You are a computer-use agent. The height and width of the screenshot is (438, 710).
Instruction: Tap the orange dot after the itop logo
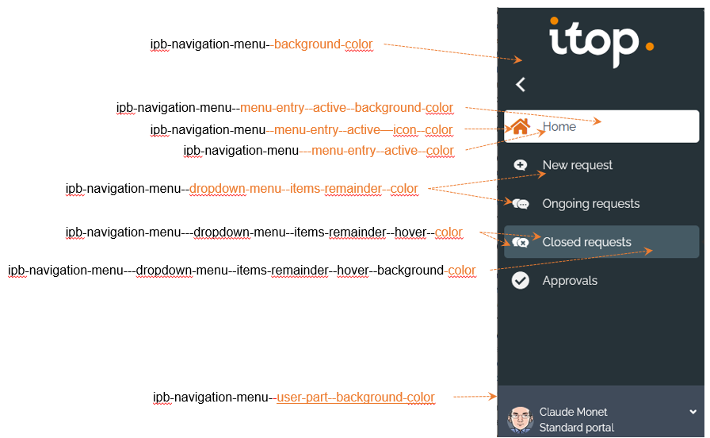point(649,46)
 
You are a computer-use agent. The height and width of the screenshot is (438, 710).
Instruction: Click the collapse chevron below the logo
point(520,84)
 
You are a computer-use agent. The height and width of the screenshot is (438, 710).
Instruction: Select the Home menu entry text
point(559,127)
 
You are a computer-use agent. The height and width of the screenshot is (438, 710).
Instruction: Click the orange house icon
point(521,126)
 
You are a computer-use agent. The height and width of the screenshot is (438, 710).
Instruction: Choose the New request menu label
point(577,165)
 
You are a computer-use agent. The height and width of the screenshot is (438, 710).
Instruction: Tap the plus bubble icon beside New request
point(521,165)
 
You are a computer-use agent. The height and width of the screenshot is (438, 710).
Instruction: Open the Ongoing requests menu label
point(590,204)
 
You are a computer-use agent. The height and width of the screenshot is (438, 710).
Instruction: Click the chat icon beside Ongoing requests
point(521,204)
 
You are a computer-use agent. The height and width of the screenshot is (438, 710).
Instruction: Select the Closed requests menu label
point(586,242)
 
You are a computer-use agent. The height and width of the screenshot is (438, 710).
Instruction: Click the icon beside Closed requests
point(521,242)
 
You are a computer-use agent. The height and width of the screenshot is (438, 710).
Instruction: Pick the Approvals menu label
point(570,281)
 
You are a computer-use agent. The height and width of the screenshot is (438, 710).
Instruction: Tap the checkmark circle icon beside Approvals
point(521,281)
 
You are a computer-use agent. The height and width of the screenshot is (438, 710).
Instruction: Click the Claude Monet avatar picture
point(520,419)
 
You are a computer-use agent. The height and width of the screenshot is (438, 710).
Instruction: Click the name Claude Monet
point(573,412)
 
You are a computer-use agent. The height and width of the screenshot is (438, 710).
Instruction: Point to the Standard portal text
point(576,428)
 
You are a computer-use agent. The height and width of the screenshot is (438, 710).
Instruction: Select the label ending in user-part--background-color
point(293,398)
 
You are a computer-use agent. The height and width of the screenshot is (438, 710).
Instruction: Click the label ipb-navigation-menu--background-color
point(261,44)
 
